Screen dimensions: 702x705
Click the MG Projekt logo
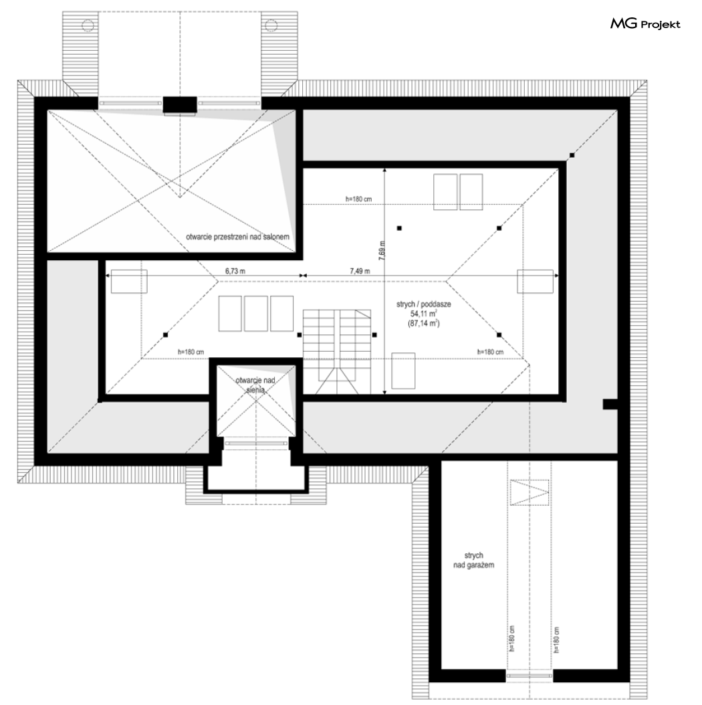click(x=645, y=24)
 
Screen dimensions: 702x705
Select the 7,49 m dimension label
click(x=360, y=271)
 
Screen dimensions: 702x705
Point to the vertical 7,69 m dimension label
click(x=381, y=251)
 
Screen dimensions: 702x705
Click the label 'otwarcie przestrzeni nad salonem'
click(x=238, y=237)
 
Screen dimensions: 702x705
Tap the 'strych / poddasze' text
click(x=423, y=304)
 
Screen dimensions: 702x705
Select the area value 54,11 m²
click(x=423, y=314)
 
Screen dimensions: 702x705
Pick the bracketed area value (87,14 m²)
click(x=423, y=323)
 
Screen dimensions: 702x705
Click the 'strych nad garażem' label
click(x=474, y=561)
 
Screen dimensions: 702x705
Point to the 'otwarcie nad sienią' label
click(x=255, y=385)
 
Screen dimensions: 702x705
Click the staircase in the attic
click(x=336, y=352)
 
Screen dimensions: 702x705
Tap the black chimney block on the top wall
click(x=180, y=105)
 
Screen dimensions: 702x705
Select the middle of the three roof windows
click(x=255, y=314)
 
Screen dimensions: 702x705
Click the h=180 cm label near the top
click(x=358, y=199)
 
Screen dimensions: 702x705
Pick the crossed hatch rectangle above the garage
click(x=530, y=492)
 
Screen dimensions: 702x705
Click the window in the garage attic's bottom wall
click(x=530, y=676)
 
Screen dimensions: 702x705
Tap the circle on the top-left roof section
click(x=87, y=25)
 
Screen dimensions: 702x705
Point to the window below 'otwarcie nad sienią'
click(x=255, y=443)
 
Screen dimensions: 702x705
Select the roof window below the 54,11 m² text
click(x=403, y=371)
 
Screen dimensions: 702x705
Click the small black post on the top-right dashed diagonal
click(x=572, y=155)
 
